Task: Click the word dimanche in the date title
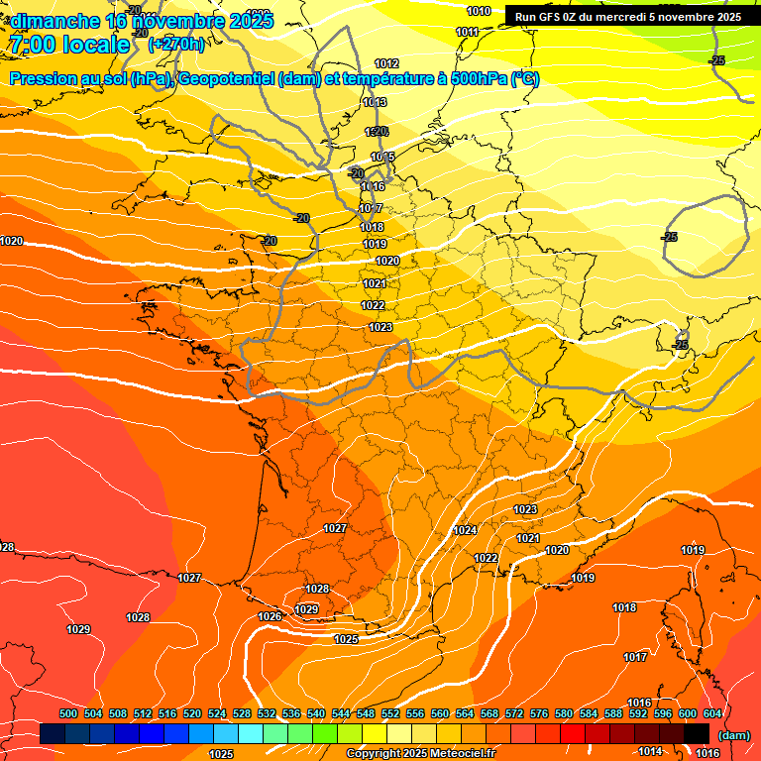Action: (54, 21)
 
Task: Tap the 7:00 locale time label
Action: (69, 45)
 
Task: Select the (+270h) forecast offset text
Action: (176, 44)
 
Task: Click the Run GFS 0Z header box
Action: (627, 16)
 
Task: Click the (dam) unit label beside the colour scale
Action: (733, 735)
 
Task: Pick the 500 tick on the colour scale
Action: (68, 713)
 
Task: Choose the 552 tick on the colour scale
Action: (390, 713)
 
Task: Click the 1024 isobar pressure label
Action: (465, 531)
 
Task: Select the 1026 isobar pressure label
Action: (270, 616)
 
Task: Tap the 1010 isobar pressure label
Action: (479, 11)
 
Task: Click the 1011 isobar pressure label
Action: (468, 32)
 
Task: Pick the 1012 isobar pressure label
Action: (386, 63)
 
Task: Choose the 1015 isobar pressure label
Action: (383, 158)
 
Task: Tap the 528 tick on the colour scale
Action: (242, 713)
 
